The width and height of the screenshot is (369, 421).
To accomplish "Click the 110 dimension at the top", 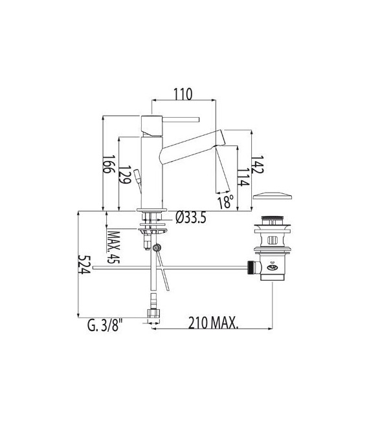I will (x=183, y=94).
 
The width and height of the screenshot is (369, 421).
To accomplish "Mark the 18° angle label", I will (x=225, y=202).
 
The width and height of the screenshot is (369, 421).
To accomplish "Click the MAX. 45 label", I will (x=114, y=247).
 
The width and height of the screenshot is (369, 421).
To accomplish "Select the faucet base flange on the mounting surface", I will (x=153, y=210).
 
